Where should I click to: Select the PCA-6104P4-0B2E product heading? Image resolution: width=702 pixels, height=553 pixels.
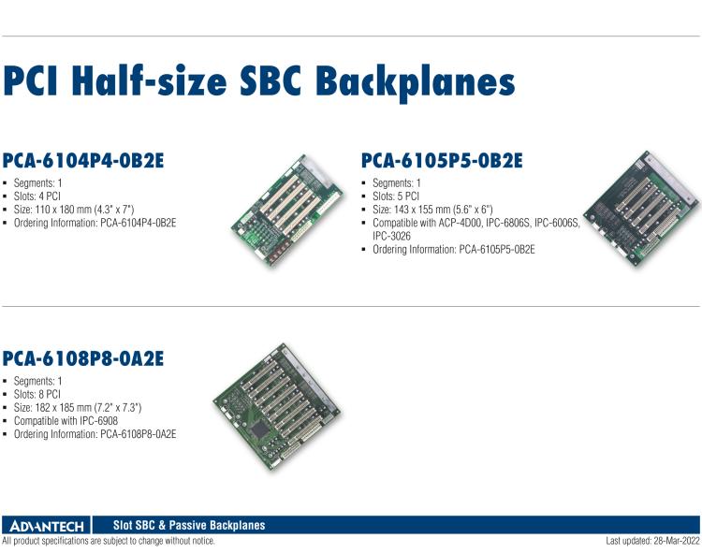[83, 160]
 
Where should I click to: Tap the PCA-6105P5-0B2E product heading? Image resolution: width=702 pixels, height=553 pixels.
[442, 162]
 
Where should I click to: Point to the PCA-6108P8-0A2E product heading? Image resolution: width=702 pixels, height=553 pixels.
[83, 359]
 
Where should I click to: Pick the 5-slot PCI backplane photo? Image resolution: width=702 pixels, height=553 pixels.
[640, 206]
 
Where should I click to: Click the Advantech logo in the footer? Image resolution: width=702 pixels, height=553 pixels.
[46, 526]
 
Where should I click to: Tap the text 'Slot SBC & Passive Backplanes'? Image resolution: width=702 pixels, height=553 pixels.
[188, 526]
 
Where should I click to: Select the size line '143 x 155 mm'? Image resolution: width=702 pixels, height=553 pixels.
[439, 210]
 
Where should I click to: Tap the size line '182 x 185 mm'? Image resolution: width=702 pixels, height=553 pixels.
[83, 408]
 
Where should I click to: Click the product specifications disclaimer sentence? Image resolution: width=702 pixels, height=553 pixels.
[109, 542]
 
